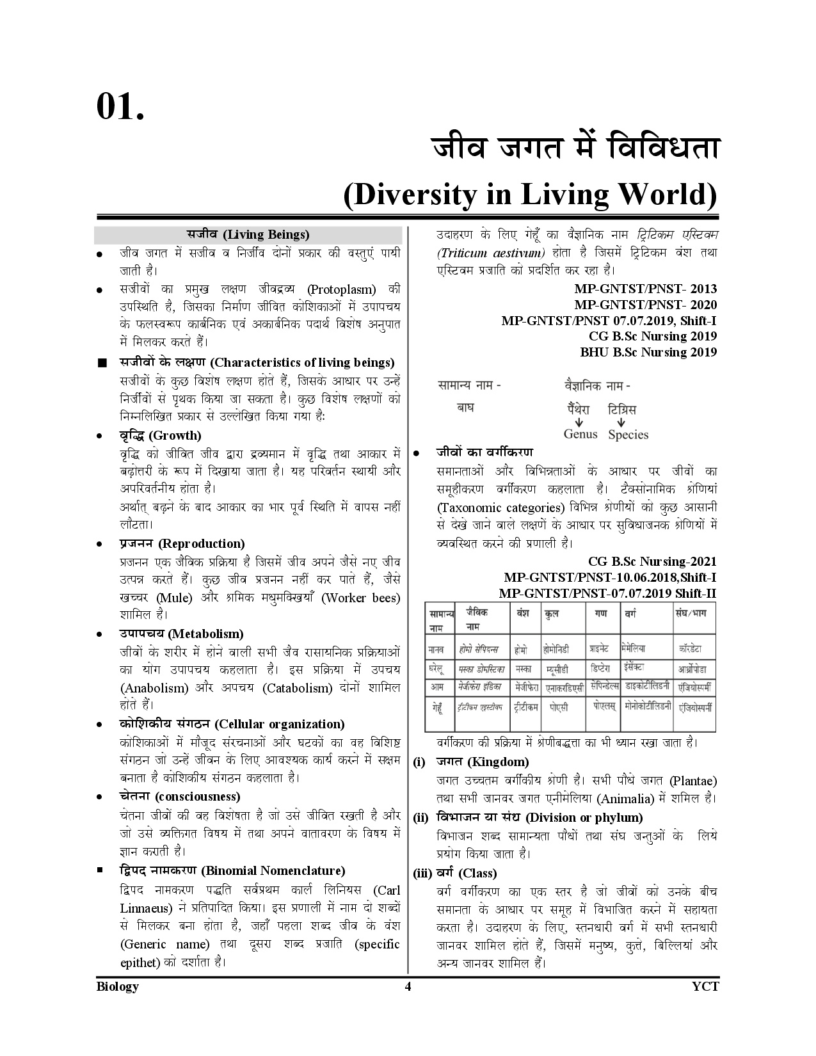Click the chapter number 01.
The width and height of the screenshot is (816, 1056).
pos(120,106)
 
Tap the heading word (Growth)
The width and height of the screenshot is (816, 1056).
pos(175,436)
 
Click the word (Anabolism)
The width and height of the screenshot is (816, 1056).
pos(154,688)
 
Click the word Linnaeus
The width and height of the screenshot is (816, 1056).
pos(147,908)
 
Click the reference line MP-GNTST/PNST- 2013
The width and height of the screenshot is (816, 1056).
pos(645,289)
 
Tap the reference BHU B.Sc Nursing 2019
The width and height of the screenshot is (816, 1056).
pos(648,352)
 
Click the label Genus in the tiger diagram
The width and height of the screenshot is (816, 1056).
pos(580,434)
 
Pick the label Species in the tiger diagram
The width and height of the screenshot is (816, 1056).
pos(628,435)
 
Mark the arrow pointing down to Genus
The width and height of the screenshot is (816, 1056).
pos(578,422)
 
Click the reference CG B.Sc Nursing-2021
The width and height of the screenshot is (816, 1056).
pos(652,562)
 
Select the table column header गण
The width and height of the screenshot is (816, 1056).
pos(600,613)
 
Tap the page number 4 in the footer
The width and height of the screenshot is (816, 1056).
pos(408,986)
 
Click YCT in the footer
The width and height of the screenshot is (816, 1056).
pos(705,986)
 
